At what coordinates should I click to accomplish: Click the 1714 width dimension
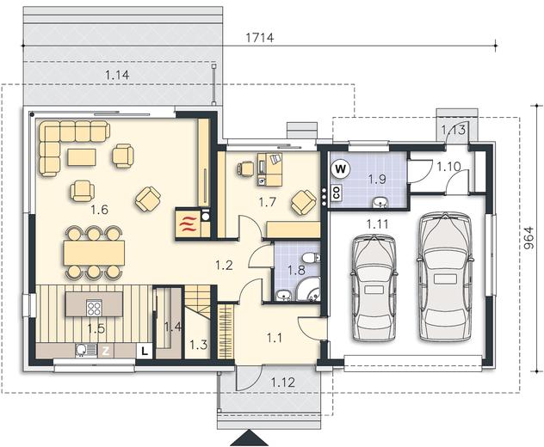[260, 38]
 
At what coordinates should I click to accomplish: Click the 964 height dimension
[529, 238]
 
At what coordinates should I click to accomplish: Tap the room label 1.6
[100, 210]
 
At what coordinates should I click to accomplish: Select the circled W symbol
[341, 169]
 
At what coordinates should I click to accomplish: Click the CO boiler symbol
[337, 193]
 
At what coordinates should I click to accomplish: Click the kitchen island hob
[94, 308]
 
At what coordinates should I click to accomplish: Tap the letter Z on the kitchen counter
[106, 351]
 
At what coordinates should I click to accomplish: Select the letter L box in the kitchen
[145, 351]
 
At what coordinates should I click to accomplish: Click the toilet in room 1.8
[310, 258]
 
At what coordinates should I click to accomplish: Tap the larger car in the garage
[445, 277]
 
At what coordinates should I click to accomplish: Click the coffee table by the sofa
[82, 157]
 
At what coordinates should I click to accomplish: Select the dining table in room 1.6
[94, 253]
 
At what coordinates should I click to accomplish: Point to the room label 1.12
[283, 383]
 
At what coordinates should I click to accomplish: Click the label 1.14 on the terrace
[117, 75]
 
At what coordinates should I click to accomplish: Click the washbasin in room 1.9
[380, 203]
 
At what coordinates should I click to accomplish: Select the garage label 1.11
[378, 224]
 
